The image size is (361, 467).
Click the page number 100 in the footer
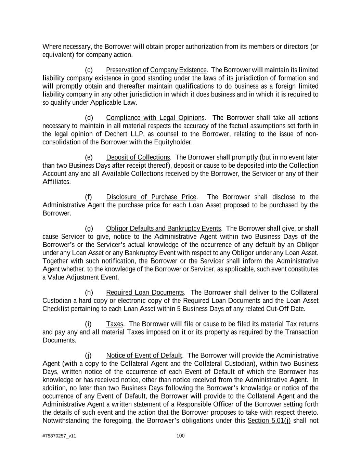tap(180, 436)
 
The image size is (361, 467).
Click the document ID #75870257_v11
tap(59, 436)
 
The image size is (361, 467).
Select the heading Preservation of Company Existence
tap(156, 70)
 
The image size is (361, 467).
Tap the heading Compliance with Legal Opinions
tap(155, 118)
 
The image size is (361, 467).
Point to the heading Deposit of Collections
tap(138, 157)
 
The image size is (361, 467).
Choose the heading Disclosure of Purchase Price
tap(151, 197)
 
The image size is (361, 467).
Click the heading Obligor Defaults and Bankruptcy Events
tap(164, 229)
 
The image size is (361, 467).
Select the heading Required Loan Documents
tap(145, 293)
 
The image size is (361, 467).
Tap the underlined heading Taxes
tap(115, 324)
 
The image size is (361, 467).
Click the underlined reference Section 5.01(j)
tap(269, 420)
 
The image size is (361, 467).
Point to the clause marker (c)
tap(89, 70)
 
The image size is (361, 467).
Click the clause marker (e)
tap(89, 157)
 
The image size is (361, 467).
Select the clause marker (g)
tap(89, 229)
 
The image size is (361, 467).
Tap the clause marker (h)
tap(89, 293)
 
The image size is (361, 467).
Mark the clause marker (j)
tap(88, 355)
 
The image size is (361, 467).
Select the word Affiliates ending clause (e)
tap(56, 182)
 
